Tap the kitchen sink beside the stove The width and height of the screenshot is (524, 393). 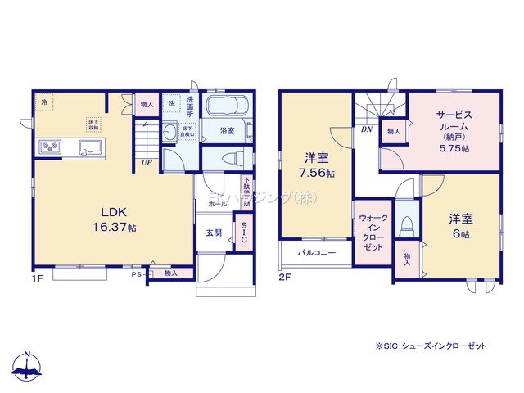pyautogui.click(x=89, y=147)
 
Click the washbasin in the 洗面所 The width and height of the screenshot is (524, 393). pyautogui.click(x=170, y=131)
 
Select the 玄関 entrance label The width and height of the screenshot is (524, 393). pyautogui.click(x=214, y=233)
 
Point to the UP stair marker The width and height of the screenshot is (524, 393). pyautogui.click(x=146, y=162)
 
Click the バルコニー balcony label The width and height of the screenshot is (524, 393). pyautogui.click(x=316, y=253)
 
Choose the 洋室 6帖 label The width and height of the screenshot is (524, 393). pyautogui.click(x=458, y=226)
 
